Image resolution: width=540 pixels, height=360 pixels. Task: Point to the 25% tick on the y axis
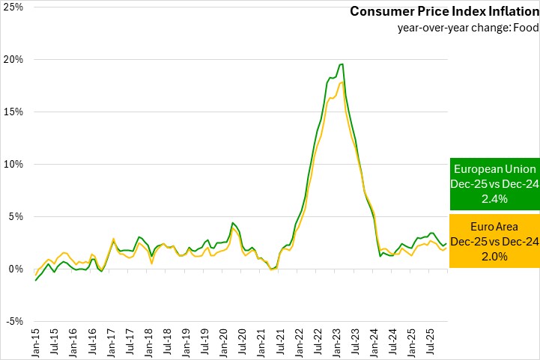coord(13,7)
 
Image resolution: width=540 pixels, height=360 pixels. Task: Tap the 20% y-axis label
coord(13,59)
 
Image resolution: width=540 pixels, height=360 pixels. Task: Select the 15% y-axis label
coord(13,112)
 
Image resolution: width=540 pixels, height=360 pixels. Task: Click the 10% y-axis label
coord(13,164)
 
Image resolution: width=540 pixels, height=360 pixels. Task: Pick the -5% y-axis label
coord(13,321)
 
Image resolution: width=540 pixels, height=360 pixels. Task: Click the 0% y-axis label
coord(15,269)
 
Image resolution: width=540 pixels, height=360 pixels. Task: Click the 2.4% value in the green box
coord(494,199)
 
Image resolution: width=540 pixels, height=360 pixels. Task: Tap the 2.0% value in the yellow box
coord(494,255)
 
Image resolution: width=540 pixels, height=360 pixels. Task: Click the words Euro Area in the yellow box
coord(494,227)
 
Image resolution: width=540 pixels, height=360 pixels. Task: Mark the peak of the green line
coord(342,64)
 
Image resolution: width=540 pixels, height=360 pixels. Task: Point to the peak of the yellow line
coord(342,82)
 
